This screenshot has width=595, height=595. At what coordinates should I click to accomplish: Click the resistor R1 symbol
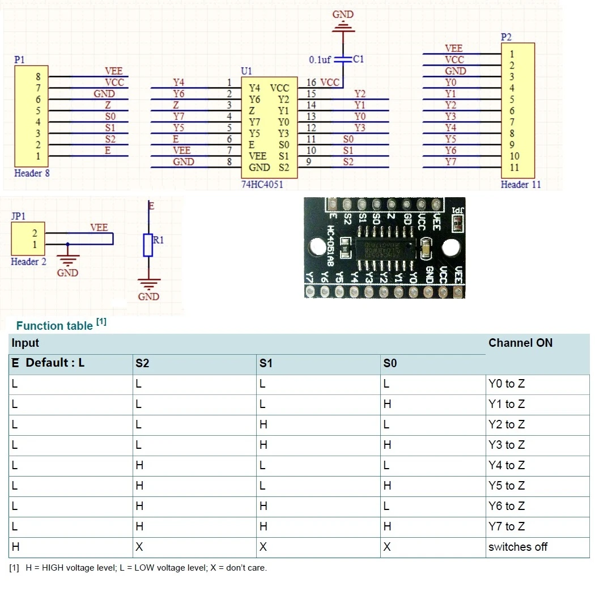(x=148, y=245)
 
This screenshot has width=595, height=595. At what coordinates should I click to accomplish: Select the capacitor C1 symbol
(x=342, y=59)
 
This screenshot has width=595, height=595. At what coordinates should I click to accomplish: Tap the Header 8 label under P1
(x=32, y=173)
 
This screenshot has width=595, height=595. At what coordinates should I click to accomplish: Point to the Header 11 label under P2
(x=517, y=185)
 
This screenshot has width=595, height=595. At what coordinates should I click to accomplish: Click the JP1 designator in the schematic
(x=19, y=216)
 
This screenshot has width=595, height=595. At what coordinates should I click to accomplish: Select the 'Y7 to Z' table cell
(x=507, y=527)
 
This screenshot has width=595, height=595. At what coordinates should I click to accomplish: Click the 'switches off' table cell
(x=517, y=547)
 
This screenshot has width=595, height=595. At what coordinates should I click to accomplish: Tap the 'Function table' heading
(x=54, y=326)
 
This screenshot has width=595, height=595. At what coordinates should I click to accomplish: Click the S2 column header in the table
(x=143, y=363)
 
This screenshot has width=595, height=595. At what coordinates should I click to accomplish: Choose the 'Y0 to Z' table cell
(x=507, y=384)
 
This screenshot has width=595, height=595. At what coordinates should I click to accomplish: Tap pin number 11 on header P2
(x=515, y=168)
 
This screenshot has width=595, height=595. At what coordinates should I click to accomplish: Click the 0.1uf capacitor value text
(x=320, y=59)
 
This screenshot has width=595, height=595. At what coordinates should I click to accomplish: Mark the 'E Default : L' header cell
(x=48, y=363)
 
